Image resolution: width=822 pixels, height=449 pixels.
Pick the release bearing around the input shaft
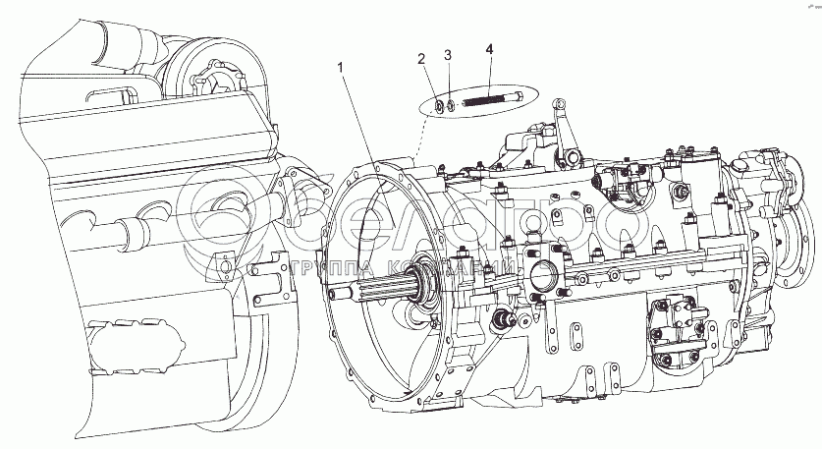[431, 291]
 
